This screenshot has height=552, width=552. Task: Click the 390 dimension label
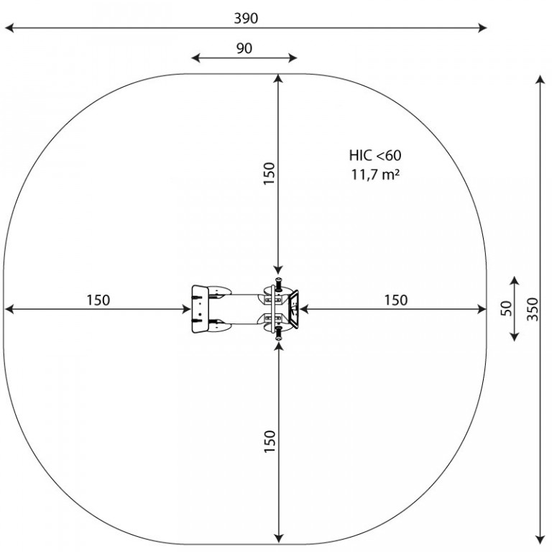point(246,18)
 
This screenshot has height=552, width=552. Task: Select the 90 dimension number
point(244,49)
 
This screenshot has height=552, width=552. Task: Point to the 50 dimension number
point(506,309)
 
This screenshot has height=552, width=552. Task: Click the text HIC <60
point(375,155)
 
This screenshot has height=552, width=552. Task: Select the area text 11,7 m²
point(375,174)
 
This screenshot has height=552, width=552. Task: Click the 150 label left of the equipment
point(98,300)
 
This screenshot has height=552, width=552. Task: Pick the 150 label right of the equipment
point(396,300)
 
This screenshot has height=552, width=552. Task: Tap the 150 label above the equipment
point(270,173)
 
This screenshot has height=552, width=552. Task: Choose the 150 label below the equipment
point(270,441)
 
